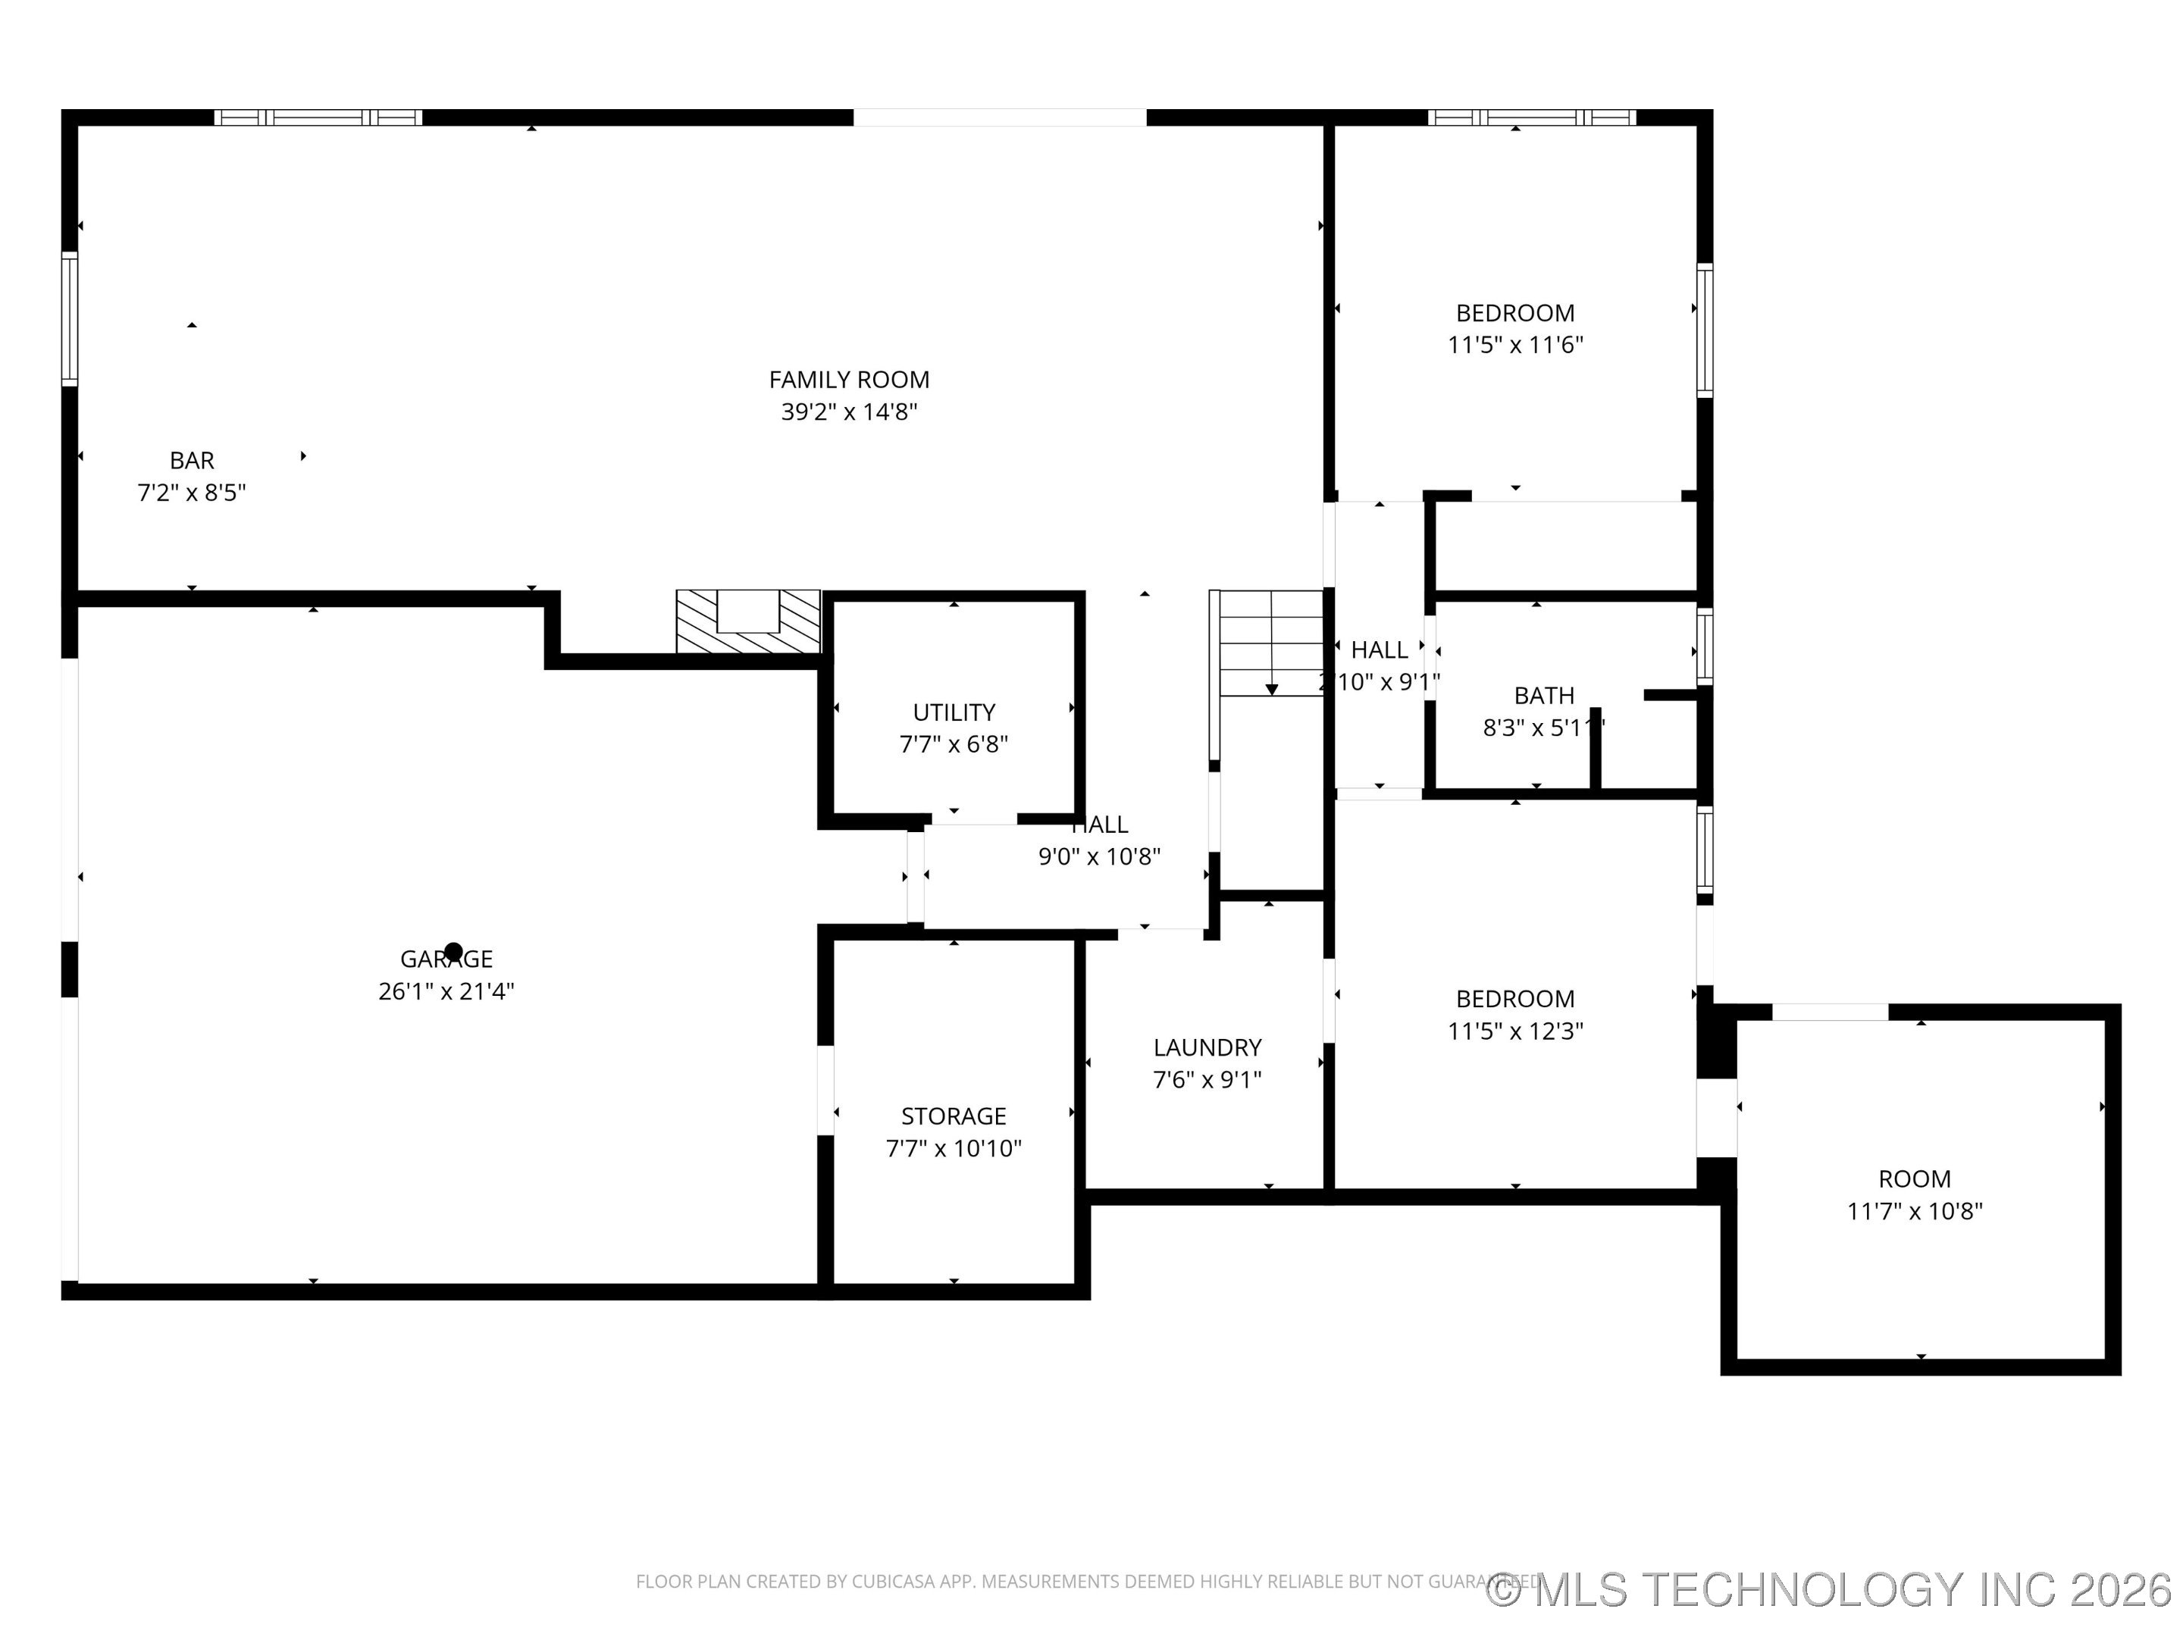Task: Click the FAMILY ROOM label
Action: pos(849,380)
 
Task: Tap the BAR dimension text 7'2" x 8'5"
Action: pos(192,493)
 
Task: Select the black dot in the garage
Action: pos(453,952)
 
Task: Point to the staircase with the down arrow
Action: pos(1270,643)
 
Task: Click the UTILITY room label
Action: pos(954,712)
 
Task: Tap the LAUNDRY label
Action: pos(1207,1047)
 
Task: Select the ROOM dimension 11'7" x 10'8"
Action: pos(1915,1212)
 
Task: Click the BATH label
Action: pos(1543,696)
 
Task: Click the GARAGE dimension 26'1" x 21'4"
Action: pos(446,991)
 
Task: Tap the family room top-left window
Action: pos(318,117)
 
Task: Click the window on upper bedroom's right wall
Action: pos(1705,330)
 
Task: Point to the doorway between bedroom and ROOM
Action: pos(1716,1117)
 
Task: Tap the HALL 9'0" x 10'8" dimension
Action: pos(1098,856)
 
